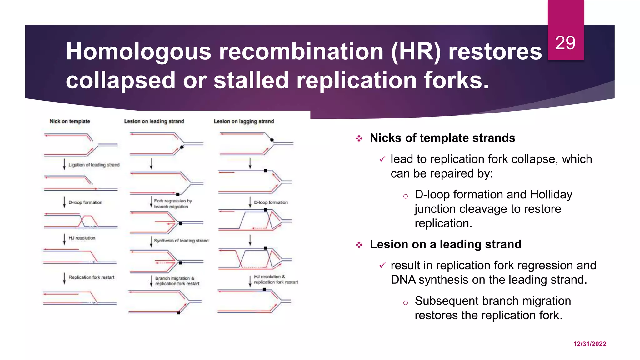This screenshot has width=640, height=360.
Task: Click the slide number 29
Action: (565, 43)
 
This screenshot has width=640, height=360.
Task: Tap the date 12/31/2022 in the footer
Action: (589, 344)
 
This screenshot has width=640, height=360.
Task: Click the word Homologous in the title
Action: (138, 52)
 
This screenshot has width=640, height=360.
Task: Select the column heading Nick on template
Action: (70, 121)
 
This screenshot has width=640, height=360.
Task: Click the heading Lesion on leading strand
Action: (154, 121)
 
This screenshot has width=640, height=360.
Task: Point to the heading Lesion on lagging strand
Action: (244, 121)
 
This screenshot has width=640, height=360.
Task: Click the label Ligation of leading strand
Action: (94, 165)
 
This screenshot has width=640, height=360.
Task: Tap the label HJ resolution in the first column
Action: (82, 238)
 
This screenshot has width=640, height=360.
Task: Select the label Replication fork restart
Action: (91, 277)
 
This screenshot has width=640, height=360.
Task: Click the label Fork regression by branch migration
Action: (172, 204)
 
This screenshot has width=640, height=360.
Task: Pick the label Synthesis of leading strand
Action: (181, 241)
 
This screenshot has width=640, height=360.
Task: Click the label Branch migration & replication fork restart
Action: (177, 281)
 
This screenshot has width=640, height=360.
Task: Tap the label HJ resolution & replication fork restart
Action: (276, 279)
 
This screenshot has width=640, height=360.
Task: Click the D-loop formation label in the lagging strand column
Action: (271, 202)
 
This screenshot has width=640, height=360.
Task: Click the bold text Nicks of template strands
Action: (442, 138)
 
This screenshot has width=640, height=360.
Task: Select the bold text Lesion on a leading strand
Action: (445, 244)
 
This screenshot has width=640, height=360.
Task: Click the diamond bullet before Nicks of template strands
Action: (359, 138)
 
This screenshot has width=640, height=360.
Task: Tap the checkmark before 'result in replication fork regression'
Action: (382, 265)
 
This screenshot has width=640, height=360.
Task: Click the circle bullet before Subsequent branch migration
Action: (405, 302)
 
